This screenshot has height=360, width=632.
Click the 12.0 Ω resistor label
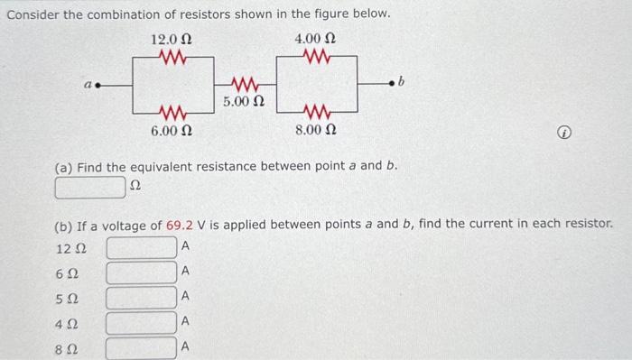171,40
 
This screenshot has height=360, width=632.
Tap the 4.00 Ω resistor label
316,40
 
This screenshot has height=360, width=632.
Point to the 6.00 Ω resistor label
172,133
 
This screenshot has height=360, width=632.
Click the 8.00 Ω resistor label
316,133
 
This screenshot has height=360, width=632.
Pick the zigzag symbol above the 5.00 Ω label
244,86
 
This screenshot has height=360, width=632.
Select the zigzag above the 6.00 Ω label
172,114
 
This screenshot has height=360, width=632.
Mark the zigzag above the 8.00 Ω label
316,114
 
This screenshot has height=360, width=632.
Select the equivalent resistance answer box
89,188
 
